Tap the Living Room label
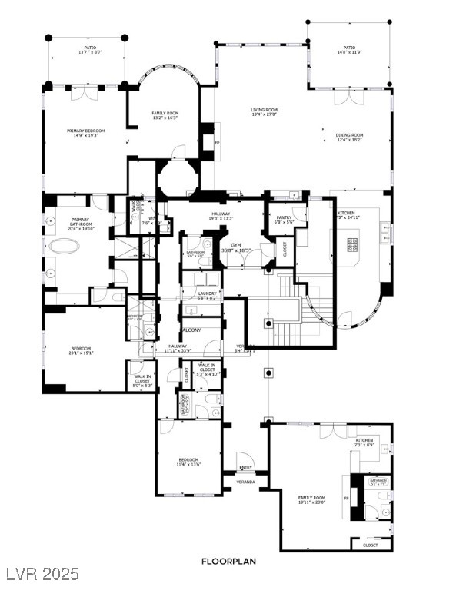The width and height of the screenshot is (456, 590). point(264,110)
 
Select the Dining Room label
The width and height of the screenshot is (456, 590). point(349,135)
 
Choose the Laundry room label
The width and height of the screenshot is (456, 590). point(207,293)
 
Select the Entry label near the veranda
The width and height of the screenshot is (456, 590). point(245,467)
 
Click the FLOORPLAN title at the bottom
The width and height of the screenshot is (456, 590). point(228,562)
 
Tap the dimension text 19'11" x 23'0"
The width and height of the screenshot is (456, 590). point(312,502)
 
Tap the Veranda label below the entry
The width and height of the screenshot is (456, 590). point(245,482)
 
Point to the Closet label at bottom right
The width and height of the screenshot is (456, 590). point(370,545)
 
